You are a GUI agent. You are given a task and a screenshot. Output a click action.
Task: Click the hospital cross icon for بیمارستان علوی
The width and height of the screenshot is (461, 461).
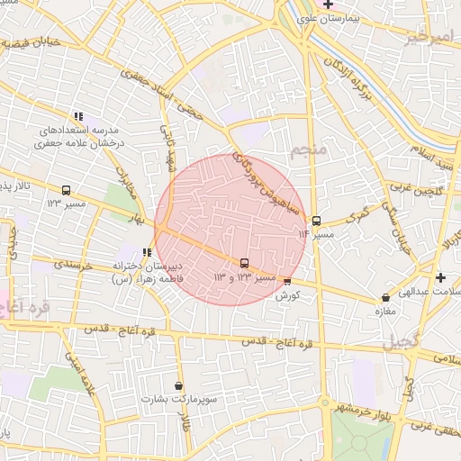click(x=330, y=5)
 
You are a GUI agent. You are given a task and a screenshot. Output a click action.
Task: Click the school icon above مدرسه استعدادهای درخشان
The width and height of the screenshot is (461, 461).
click(x=78, y=116)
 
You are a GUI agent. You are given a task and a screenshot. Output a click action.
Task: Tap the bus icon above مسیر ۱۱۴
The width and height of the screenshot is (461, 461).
click(x=316, y=221)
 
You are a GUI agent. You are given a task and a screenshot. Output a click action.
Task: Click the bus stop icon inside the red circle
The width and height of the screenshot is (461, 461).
click(x=244, y=263)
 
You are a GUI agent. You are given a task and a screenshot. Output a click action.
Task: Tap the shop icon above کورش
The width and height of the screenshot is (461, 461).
click(x=287, y=282)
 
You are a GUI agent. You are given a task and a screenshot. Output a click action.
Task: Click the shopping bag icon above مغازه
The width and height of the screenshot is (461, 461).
click(x=386, y=297)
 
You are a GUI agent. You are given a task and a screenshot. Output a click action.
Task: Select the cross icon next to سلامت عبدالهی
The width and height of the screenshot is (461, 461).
click(x=439, y=277)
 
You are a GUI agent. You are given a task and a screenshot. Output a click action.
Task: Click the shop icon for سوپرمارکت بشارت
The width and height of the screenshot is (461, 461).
click(x=178, y=385)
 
